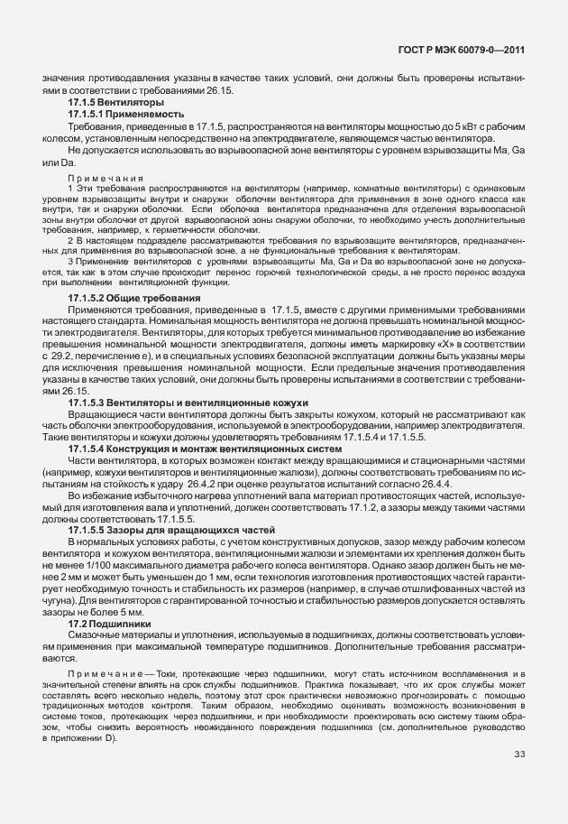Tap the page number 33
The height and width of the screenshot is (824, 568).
(x=519, y=780)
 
